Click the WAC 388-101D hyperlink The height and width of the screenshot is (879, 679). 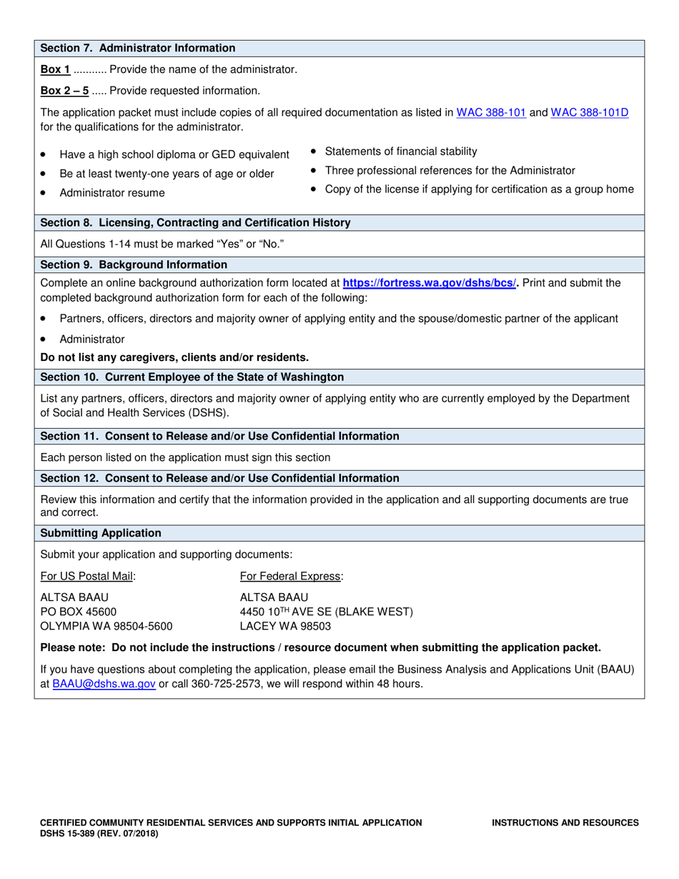click(x=590, y=112)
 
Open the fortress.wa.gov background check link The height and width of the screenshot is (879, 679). click(x=430, y=283)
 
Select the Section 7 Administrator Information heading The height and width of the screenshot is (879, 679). click(x=138, y=49)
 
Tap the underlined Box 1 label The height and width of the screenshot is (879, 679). click(x=56, y=69)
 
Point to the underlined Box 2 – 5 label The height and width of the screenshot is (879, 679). click(x=64, y=91)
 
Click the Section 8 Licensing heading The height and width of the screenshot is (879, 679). click(x=195, y=223)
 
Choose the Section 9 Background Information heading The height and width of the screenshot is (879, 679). click(x=134, y=265)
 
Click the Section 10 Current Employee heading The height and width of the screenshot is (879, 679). click(x=192, y=377)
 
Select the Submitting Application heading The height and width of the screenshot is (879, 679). click(x=101, y=534)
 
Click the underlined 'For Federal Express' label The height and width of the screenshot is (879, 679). click(x=292, y=576)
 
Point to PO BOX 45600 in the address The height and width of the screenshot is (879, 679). click(x=79, y=612)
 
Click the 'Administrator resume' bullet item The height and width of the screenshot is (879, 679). click(x=112, y=193)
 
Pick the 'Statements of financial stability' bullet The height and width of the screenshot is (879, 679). click(x=401, y=152)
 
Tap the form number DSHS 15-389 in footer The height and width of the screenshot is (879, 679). click(x=99, y=833)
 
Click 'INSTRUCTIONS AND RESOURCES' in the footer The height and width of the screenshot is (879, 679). click(x=565, y=823)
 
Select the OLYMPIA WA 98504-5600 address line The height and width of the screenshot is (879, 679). click(x=106, y=626)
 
